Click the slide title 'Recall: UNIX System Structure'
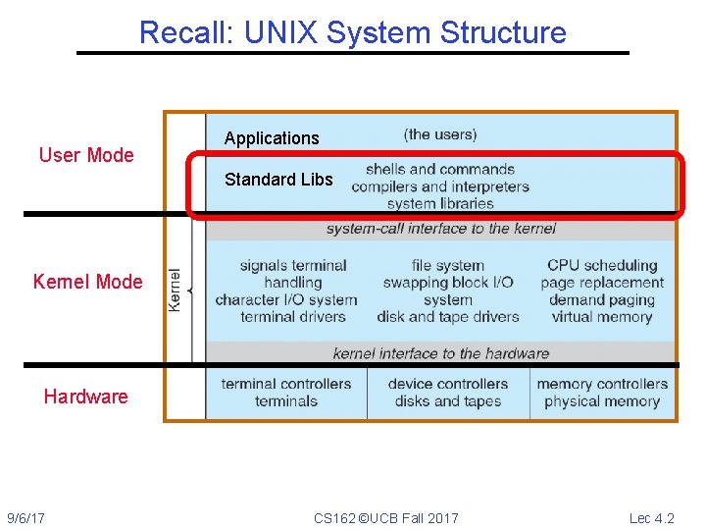click(353, 32)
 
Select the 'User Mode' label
click(86, 155)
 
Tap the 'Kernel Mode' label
click(87, 282)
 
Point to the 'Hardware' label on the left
click(85, 397)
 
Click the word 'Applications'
click(272, 138)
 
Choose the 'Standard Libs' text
click(278, 180)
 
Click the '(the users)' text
click(440, 134)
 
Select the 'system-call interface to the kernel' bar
click(440, 229)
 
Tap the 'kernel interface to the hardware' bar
click(440, 353)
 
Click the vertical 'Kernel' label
click(176, 290)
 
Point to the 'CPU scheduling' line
click(602, 265)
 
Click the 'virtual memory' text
click(602, 317)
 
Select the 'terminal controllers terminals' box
click(286, 392)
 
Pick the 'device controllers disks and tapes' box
click(448, 392)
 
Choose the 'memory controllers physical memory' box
click(602, 392)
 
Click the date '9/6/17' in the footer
click(31, 518)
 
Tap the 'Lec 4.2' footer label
click(652, 518)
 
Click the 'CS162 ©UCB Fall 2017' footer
click(385, 518)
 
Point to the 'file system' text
click(448, 265)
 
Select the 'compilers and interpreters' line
click(440, 186)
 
